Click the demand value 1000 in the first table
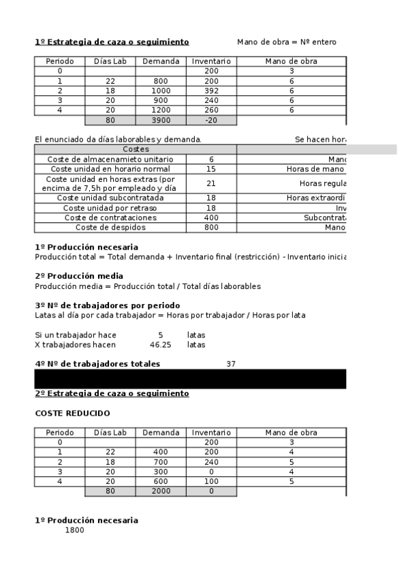(x=161, y=91)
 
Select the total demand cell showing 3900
(x=161, y=120)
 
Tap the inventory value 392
(x=211, y=91)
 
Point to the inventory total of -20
(x=211, y=120)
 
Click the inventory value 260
(x=211, y=110)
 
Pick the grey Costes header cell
(x=136, y=149)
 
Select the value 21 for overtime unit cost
(x=211, y=183)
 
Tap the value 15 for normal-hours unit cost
(x=211, y=168)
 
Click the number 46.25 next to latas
(x=160, y=345)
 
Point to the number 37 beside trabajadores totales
(x=231, y=364)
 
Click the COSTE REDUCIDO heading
(x=72, y=414)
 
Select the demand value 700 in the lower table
(x=161, y=461)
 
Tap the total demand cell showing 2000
(x=161, y=491)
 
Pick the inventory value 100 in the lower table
(x=211, y=481)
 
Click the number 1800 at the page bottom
(x=74, y=530)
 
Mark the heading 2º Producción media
(x=79, y=276)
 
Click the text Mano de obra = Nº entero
(x=286, y=42)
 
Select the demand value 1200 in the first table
(x=161, y=110)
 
